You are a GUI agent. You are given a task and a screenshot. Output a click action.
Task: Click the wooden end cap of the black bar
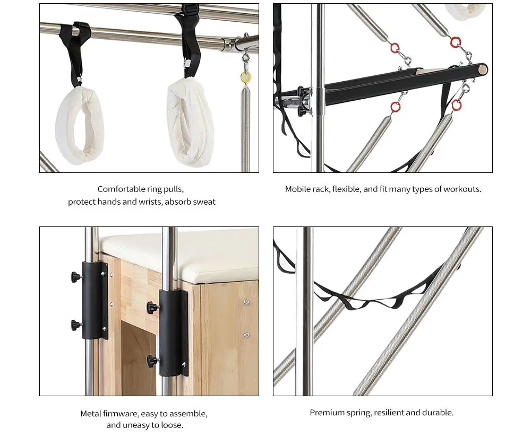pos(484,69)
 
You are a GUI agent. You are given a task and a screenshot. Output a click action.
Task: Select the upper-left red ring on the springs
pos(395,48)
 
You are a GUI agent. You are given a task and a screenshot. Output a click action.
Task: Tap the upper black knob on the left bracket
pos(76,277)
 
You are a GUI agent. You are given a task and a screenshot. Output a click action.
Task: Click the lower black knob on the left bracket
pos(76,326)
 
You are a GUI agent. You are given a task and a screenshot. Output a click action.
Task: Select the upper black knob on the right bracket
pos(153,308)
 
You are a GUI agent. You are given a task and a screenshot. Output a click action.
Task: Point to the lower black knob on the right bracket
pos(153,361)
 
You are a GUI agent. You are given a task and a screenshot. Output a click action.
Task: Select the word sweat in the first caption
pos(204,202)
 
